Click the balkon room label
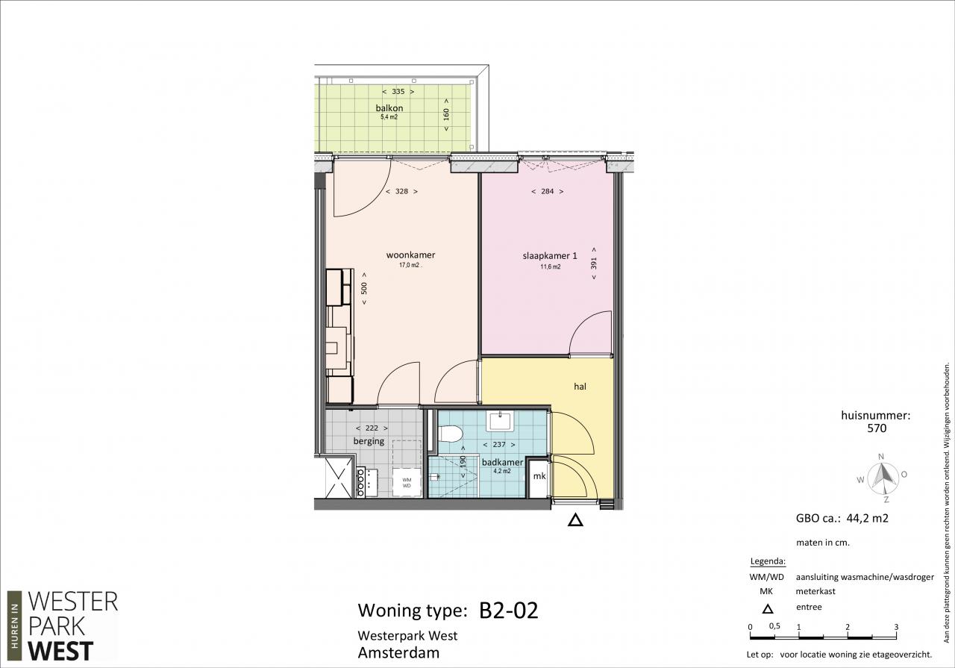[x=389, y=108]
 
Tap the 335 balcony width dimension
[x=398, y=91]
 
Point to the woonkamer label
[x=410, y=255]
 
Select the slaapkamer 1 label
[x=550, y=256]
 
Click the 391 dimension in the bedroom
[x=594, y=263]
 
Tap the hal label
[x=580, y=387]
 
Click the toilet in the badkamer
[x=450, y=434]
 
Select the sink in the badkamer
[x=501, y=421]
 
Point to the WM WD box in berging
[x=407, y=483]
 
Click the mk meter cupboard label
[x=539, y=476]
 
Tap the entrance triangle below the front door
[x=575, y=520]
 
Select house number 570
[x=877, y=428]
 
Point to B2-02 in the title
[x=509, y=610]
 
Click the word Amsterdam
[x=398, y=652]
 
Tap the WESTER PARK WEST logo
[x=63, y=625]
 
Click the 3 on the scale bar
[x=896, y=627]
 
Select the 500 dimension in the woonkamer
[x=363, y=289]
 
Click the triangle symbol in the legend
[x=768, y=609]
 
